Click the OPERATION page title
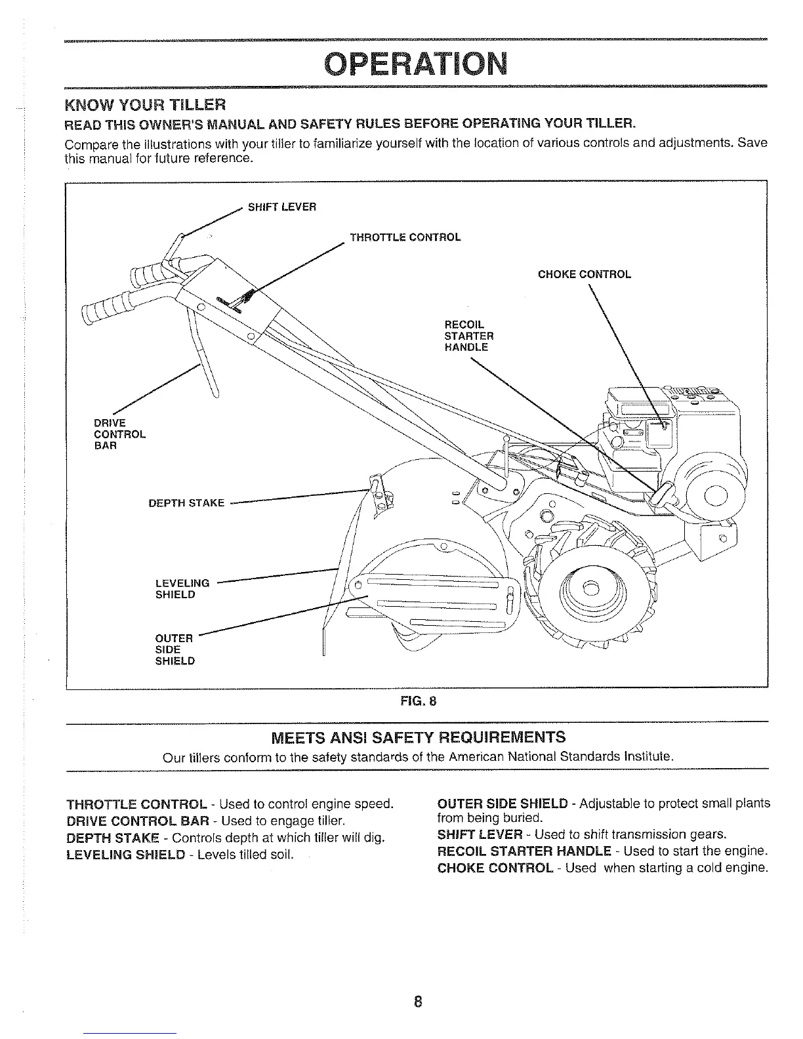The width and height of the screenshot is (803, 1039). click(416, 64)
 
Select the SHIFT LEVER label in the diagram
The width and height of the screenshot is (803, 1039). click(281, 207)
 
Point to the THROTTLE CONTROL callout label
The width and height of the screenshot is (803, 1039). click(405, 237)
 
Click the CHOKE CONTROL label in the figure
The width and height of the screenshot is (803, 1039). click(584, 274)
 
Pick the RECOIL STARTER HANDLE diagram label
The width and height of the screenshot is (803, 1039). click(468, 336)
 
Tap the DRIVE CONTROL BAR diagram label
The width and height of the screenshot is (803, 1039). click(119, 434)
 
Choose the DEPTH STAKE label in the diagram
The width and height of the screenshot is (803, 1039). click(186, 504)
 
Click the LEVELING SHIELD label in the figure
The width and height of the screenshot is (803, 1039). click(182, 589)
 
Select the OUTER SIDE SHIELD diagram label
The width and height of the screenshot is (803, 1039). click(175, 649)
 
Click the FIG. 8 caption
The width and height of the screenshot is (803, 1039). click(418, 701)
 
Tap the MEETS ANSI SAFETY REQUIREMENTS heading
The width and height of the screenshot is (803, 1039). click(418, 737)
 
